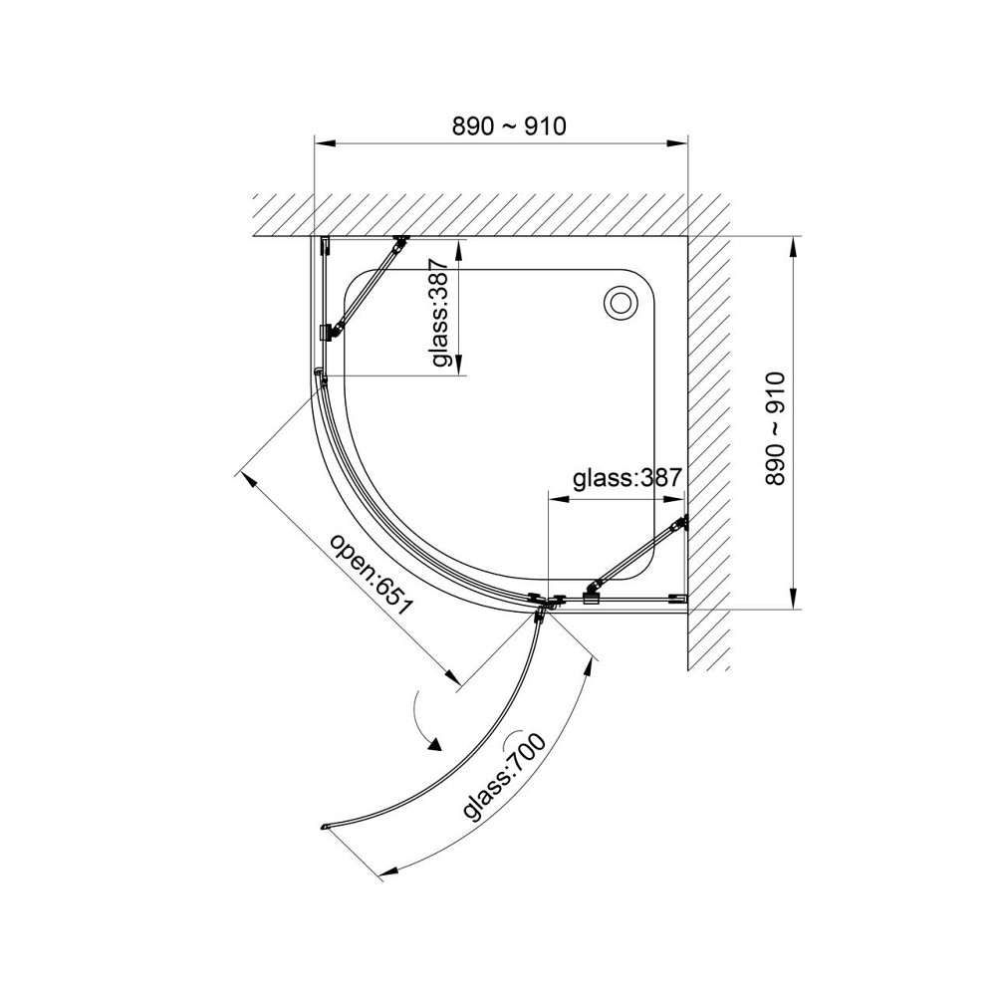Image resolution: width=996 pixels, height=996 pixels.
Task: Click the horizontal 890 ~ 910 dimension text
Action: click(509, 126)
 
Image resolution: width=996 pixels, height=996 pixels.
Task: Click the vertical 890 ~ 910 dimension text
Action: click(776, 429)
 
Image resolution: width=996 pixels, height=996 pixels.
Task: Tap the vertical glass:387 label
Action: click(440, 313)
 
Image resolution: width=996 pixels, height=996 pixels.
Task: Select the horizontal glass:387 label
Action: click(626, 478)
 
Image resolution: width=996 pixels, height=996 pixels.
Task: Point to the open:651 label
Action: click(372, 575)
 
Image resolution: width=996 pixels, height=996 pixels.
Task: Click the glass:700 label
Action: click(505, 776)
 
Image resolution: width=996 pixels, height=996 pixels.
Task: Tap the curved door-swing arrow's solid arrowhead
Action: click(433, 744)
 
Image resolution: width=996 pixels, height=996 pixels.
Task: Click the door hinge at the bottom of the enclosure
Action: click(541, 607)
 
